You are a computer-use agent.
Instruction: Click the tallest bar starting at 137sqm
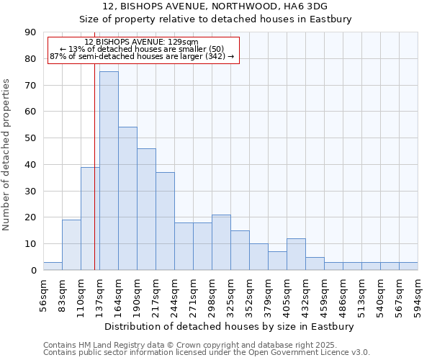click(109, 171)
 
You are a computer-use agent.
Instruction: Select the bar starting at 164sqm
click(127, 199)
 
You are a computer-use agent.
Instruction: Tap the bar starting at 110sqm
click(90, 218)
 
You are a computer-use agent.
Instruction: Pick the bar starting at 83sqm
click(71, 245)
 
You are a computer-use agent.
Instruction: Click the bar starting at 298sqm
click(221, 243)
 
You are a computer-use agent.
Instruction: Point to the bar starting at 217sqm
click(165, 221)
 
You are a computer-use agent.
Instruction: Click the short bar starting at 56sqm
click(53, 266)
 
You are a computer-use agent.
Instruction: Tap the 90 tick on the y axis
click(30, 32)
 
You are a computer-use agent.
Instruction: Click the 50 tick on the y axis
click(30, 138)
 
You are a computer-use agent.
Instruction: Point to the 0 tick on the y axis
click(33, 270)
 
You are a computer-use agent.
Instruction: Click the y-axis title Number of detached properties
click(7, 155)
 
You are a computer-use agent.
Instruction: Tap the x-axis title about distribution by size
click(230, 327)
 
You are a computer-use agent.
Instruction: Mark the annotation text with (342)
click(142, 56)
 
